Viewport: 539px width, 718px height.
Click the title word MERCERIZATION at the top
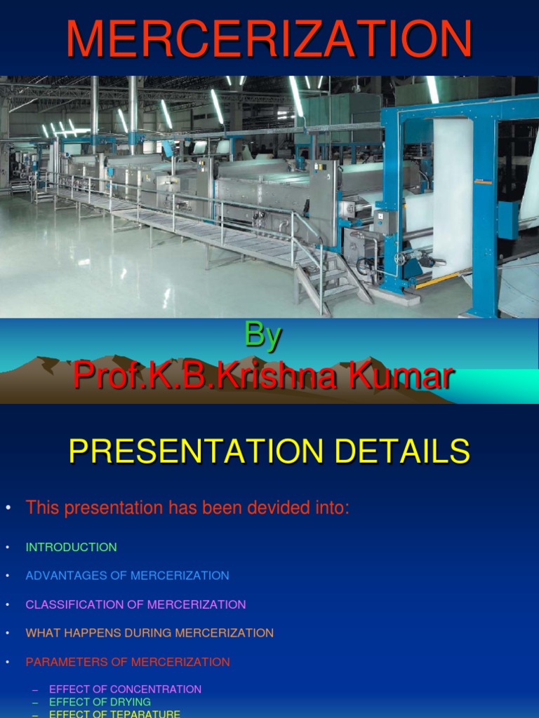pos(269,39)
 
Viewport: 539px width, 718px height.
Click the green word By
pos(262,337)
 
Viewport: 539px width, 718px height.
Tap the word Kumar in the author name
pos(409,377)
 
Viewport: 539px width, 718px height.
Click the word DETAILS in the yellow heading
pos(402,452)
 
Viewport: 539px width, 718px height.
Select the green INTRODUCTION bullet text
pos(71,547)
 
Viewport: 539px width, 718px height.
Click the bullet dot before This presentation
pos(8,508)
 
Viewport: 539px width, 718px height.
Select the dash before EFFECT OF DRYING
pos(35,702)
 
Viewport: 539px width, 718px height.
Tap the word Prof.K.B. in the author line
pos(143,377)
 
